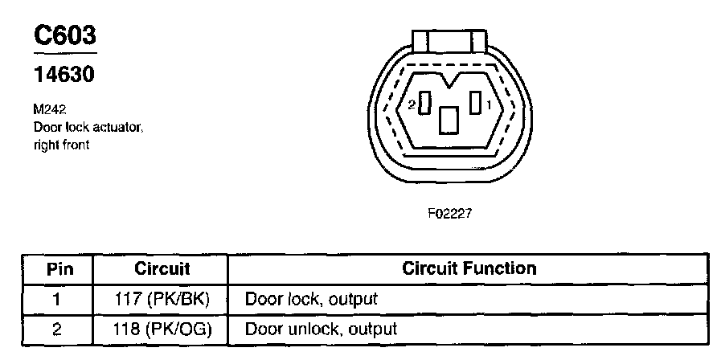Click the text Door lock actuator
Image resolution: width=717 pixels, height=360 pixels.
click(x=88, y=127)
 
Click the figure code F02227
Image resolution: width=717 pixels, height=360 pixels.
click(x=449, y=215)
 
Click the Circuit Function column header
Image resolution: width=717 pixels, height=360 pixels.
click(x=469, y=268)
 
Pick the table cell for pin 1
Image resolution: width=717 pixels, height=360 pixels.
click(x=57, y=300)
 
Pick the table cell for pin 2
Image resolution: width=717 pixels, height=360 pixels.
click(x=57, y=329)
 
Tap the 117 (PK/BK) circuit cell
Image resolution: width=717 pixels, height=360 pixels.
click(x=162, y=300)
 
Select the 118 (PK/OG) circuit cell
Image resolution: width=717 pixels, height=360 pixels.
click(x=162, y=329)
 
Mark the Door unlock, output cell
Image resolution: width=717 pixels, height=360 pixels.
click(x=321, y=329)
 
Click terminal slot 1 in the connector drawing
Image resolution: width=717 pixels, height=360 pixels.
click(x=476, y=103)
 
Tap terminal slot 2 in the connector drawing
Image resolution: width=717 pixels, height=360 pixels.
click(x=427, y=104)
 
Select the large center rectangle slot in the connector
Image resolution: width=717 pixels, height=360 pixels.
click(x=449, y=120)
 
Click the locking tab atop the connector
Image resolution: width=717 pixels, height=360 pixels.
click(x=449, y=39)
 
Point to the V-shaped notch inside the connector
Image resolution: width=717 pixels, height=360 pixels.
click(x=450, y=80)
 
